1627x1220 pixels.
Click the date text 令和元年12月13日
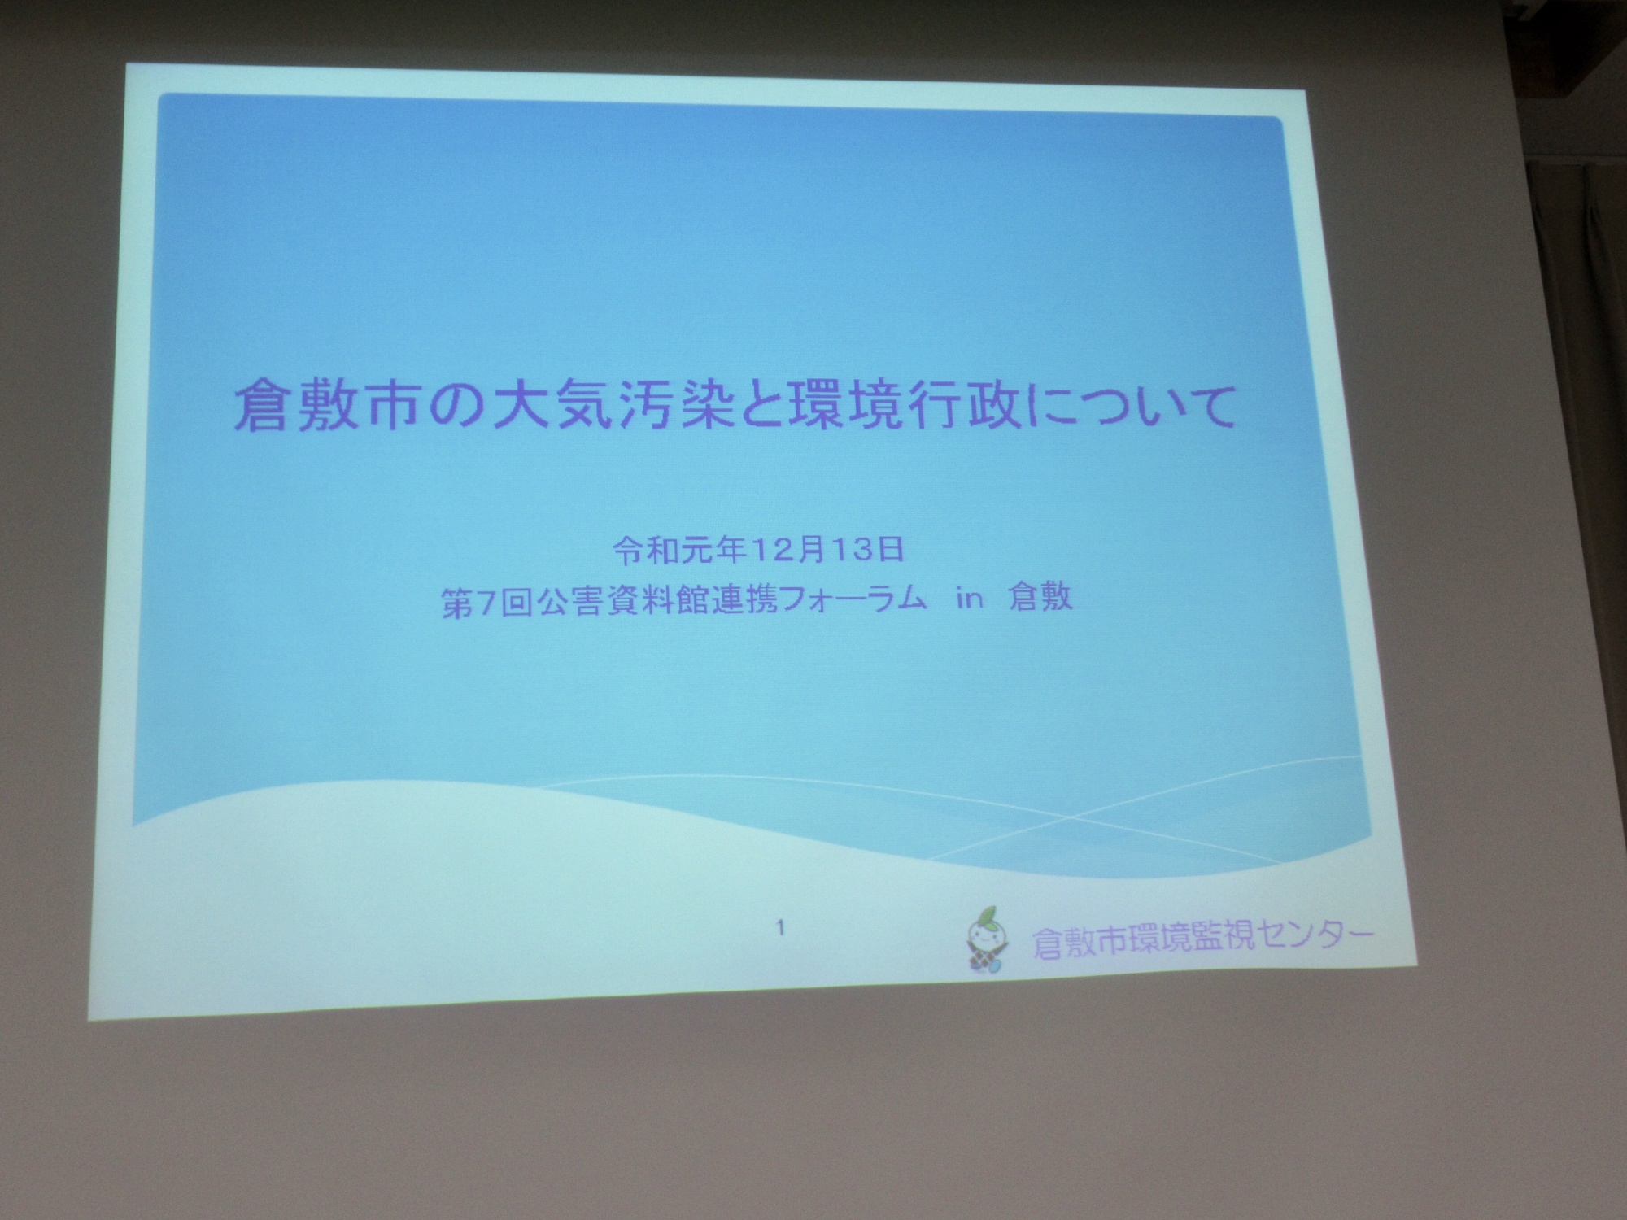click(x=759, y=551)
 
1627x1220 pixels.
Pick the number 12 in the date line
click(x=770, y=551)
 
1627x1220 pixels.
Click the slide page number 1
click(x=781, y=926)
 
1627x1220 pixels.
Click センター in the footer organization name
click(x=1309, y=940)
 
